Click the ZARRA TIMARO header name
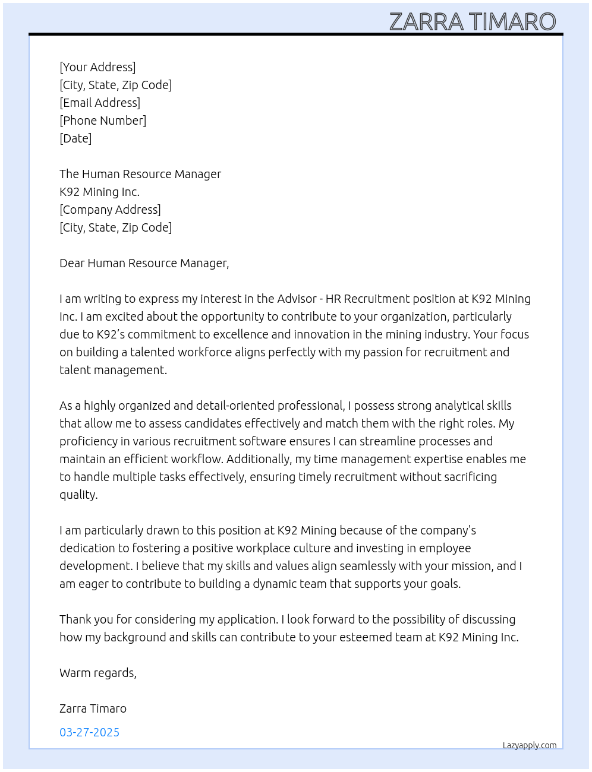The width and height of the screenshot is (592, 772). tap(473, 22)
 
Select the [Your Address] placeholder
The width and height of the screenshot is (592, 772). tap(97, 67)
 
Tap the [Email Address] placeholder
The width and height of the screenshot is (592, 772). tap(100, 103)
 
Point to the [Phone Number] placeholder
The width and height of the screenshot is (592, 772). tap(103, 121)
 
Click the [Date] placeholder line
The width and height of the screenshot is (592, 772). tap(75, 138)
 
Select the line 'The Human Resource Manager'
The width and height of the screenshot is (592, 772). tap(140, 174)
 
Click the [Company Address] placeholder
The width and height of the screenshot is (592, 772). tap(110, 210)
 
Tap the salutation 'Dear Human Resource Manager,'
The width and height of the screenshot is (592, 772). tap(144, 263)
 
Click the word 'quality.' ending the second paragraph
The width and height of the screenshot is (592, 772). tap(78, 495)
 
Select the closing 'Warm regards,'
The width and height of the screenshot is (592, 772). tap(98, 673)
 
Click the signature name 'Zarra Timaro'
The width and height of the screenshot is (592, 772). tap(93, 708)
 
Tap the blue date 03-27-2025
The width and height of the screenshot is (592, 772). tap(89, 732)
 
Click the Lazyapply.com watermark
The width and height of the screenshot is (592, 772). tap(530, 745)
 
